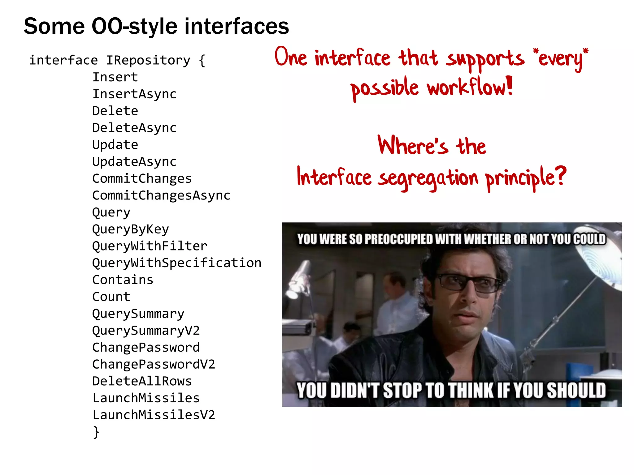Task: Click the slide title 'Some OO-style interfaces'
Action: pyautogui.click(x=156, y=26)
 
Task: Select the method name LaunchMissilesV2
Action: pyautogui.click(x=154, y=415)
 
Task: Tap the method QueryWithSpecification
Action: pyautogui.click(x=177, y=263)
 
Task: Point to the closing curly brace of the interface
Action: pyautogui.click(x=96, y=432)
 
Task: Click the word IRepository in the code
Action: pyautogui.click(x=148, y=60)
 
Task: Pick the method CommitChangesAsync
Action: pyautogui.click(x=161, y=195)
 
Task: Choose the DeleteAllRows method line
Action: pyautogui.click(x=142, y=381)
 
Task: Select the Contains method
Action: pyautogui.click(x=123, y=280)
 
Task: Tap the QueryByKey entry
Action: pyautogui.click(x=131, y=229)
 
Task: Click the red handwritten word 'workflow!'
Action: pyautogui.click(x=470, y=87)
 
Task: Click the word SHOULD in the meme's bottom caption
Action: pyautogui.click(x=576, y=390)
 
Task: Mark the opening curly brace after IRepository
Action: pyautogui.click(x=202, y=60)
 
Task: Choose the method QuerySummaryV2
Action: pyautogui.click(x=146, y=331)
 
